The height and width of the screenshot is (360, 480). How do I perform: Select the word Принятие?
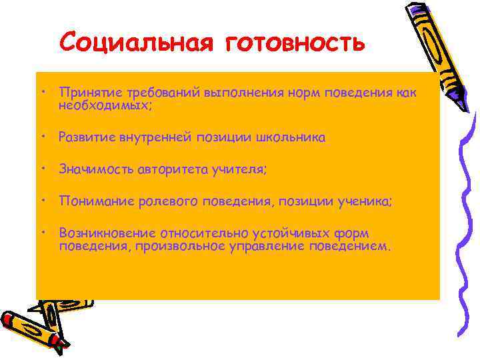85,93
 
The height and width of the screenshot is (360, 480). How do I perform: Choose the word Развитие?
85,137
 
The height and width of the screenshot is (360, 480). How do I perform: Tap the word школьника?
293,137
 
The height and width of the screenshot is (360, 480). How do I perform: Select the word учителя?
241,170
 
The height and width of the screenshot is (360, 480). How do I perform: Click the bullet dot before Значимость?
42,168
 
